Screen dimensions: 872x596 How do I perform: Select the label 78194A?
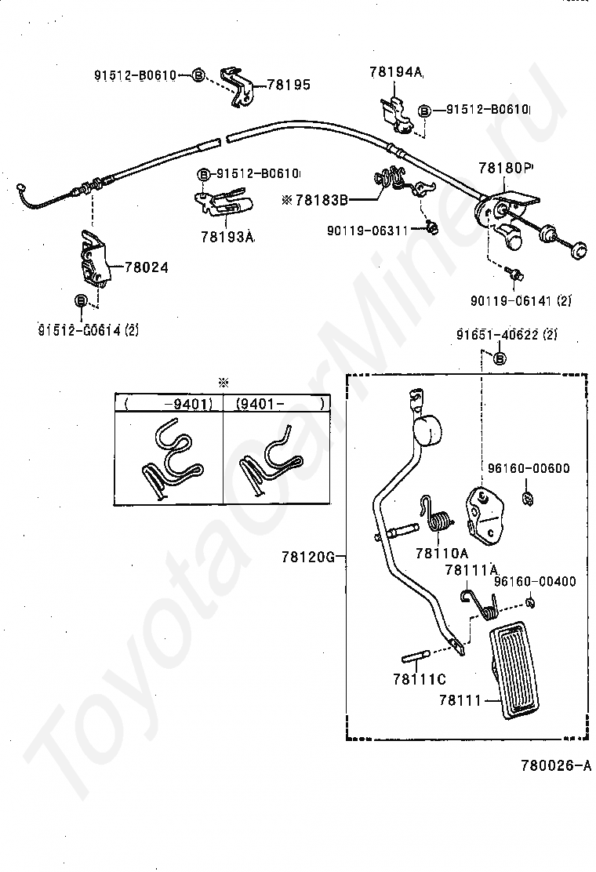click(395, 72)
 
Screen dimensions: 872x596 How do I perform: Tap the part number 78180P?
click(505, 168)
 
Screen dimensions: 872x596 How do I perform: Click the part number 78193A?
click(227, 236)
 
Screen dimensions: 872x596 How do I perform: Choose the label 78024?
click(146, 267)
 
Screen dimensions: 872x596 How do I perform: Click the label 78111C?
click(420, 678)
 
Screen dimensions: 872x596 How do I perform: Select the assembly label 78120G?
click(308, 558)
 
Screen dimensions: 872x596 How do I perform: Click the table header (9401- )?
click(278, 404)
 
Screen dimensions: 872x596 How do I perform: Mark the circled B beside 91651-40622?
click(500, 358)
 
